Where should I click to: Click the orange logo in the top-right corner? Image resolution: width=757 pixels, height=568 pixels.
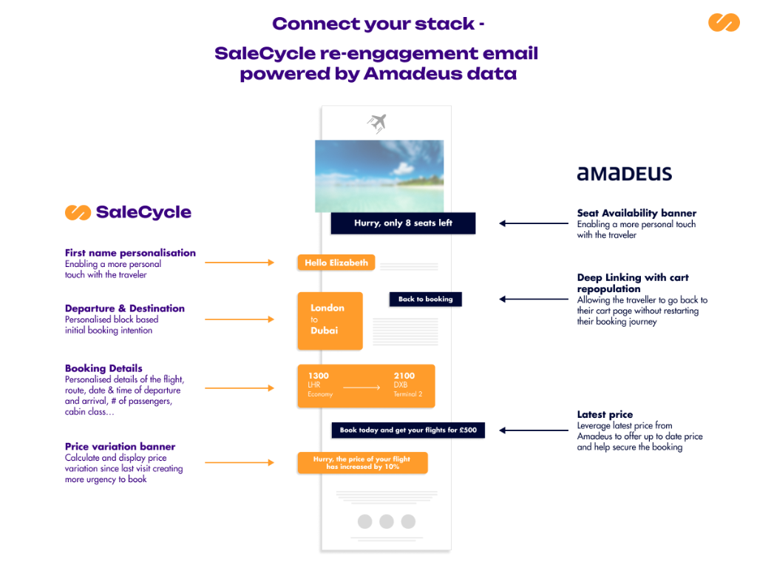[x=724, y=22]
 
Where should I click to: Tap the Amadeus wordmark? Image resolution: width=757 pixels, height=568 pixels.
[x=624, y=174]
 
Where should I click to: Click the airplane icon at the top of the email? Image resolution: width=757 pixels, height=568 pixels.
[x=378, y=122]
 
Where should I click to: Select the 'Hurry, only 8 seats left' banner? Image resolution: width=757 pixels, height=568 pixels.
[x=403, y=223]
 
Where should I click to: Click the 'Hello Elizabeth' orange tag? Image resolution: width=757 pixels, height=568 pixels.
[x=336, y=263]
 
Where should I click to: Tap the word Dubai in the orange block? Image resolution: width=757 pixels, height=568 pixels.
[x=324, y=331]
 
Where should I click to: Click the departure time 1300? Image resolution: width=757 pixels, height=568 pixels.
[x=319, y=376]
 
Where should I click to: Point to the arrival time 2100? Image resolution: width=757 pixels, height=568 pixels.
[x=404, y=376]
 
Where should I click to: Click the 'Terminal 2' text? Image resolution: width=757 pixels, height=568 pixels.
[x=408, y=394]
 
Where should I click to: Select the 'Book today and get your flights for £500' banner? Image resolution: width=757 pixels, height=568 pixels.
[x=408, y=430]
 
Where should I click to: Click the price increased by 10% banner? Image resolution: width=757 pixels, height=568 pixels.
[x=362, y=463]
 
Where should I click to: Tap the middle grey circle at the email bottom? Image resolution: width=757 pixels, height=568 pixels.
[x=386, y=521]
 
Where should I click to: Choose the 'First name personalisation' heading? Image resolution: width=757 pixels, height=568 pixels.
[x=130, y=253]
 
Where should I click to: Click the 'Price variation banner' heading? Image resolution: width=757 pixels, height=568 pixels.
[x=120, y=447]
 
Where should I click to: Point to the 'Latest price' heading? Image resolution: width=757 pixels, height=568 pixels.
[x=605, y=415]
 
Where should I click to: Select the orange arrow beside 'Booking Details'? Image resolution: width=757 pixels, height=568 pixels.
[x=239, y=388]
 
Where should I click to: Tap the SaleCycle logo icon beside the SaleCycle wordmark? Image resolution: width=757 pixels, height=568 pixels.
[x=77, y=212]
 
